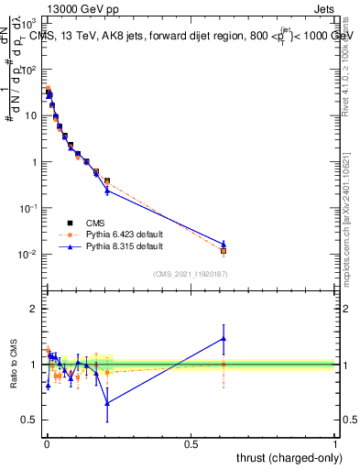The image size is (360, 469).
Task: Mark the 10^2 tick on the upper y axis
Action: click(x=28, y=70)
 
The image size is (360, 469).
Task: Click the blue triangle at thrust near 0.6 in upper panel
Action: click(x=224, y=244)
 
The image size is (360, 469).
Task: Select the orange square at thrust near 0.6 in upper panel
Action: click(x=224, y=250)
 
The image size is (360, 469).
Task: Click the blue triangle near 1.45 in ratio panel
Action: click(x=224, y=338)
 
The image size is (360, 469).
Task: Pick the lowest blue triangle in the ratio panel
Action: click(x=107, y=403)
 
